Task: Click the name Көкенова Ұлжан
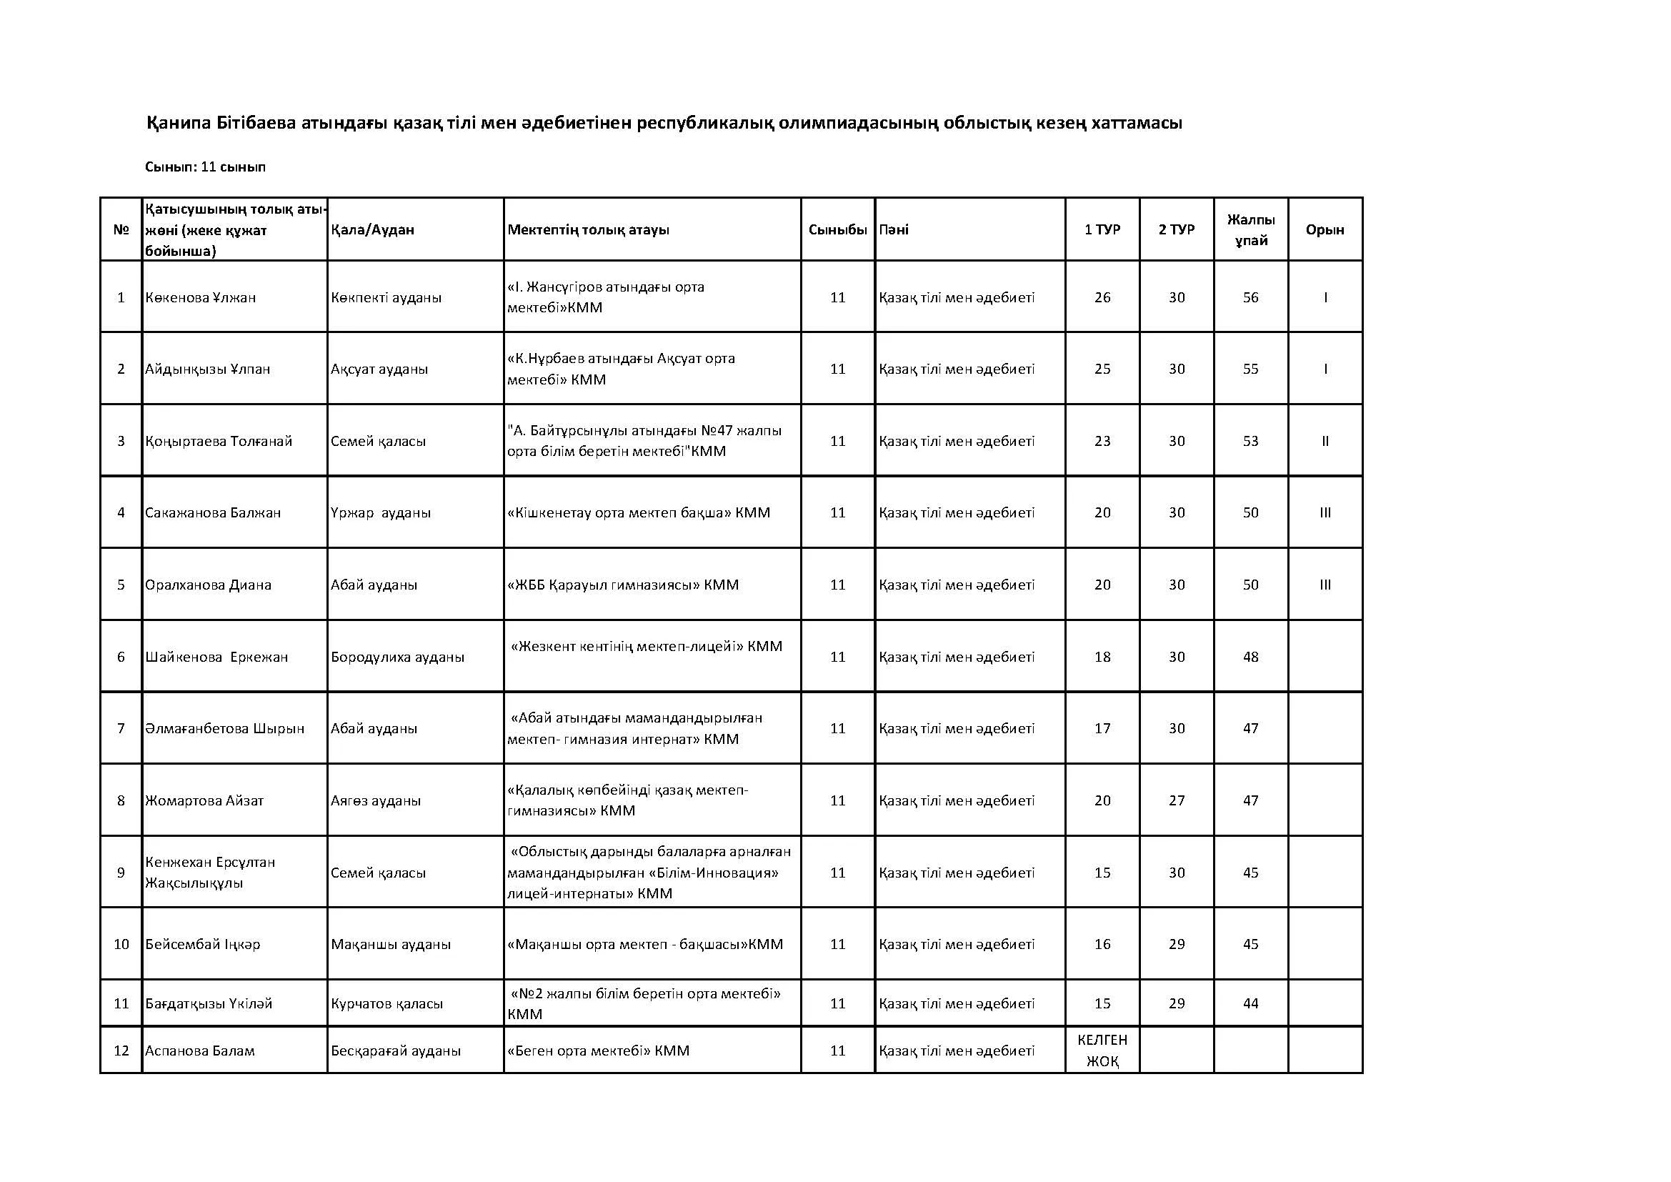click(x=200, y=298)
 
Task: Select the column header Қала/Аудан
click(x=372, y=230)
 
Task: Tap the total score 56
click(x=1250, y=298)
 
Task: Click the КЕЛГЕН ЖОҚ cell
click(x=1102, y=1051)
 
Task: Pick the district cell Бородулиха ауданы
click(x=397, y=657)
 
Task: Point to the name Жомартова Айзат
click(x=204, y=800)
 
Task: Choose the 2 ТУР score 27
click(x=1176, y=800)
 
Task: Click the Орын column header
click(x=1325, y=230)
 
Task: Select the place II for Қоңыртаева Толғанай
click(x=1325, y=441)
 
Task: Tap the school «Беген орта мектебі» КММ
click(x=598, y=1051)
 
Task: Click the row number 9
click(x=121, y=873)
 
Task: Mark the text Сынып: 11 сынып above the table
click(x=205, y=167)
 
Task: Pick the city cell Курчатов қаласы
click(x=386, y=1003)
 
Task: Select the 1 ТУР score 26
click(x=1102, y=298)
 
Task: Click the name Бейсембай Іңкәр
click(x=202, y=945)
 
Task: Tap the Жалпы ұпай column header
click(x=1250, y=230)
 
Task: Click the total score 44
click(x=1250, y=1003)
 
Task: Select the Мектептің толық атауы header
click(x=588, y=230)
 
